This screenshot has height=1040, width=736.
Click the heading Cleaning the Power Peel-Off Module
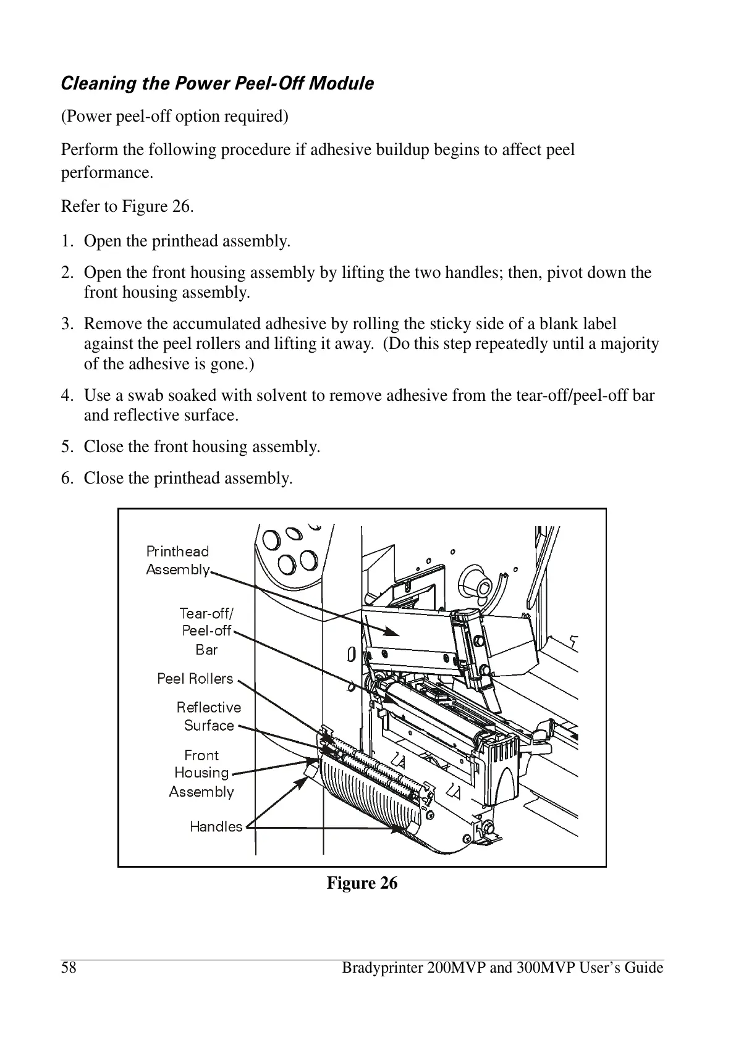[217, 83]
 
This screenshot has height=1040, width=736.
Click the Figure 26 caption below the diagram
[362, 883]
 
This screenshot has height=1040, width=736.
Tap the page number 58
[69, 968]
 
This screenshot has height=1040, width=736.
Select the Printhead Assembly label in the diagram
[177, 560]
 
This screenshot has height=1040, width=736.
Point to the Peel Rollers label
[195, 679]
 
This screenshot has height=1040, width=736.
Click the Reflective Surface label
[209, 716]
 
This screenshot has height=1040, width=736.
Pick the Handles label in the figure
[216, 826]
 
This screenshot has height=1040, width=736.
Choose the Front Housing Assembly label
[201, 773]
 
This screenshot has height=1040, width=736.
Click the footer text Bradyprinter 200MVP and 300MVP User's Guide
[502, 968]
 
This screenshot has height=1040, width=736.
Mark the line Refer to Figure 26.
[127, 206]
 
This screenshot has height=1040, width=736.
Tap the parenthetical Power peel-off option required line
[174, 116]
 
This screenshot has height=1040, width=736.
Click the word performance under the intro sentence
[107, 173]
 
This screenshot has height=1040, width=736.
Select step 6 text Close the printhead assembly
[188, 478]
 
